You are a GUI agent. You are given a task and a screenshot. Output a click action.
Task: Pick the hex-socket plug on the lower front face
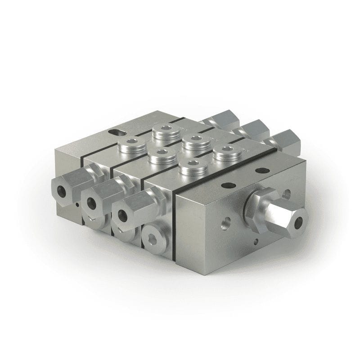point(153,238)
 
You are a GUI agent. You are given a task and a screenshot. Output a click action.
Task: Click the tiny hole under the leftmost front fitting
point(77,205)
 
